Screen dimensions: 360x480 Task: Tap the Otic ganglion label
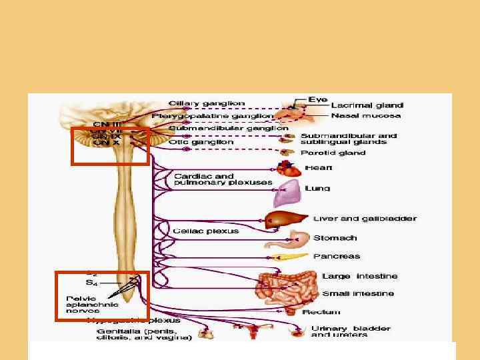click(x=201, y=141)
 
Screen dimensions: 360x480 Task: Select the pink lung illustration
click(x=285, y=195)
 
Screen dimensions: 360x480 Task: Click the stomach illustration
click(x=298, y=239)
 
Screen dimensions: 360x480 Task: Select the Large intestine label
click(x=359, y=276)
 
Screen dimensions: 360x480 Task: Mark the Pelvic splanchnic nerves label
click(x=92, y=304)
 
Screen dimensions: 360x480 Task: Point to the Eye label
click(x=317, y=99)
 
